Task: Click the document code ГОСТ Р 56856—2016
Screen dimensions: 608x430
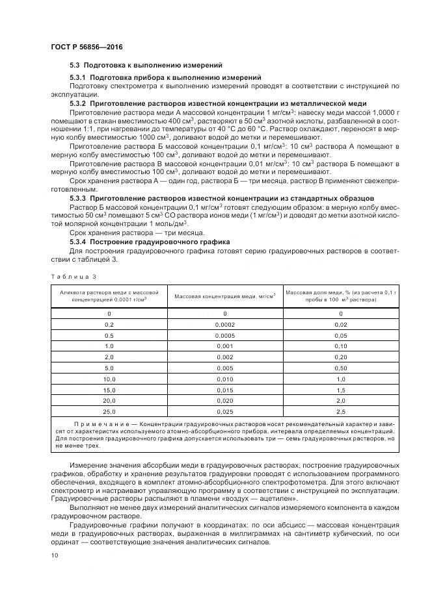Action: pyautogui.click(x=87, y=48)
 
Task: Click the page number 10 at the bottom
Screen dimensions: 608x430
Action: pyautogui.click(x=54, y=555)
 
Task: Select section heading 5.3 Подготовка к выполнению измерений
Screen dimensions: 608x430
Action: pyautogui.click(x=146, y=66)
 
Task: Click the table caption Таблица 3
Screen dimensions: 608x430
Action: pyautogui.click(x=74, y=276)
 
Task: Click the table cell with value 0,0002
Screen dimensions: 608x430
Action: pyautogui.click(x=225, y=324)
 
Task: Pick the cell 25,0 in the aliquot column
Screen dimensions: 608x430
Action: pyautogui.click(x=109, y=412)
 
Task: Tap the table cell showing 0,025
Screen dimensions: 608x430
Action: pyautogui.click(x=225, y=412)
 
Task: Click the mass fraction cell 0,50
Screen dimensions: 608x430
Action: pyautogui.click(x=341, y=368)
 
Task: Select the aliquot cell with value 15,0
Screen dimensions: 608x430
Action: pyautogui.click(x=109, y=390)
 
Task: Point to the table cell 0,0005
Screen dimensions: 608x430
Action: pyautogui.click(x=225, y=335)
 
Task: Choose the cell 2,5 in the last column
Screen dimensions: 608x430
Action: pyautogui.click(x=341, y=412)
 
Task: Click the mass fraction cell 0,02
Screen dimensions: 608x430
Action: pyautogui.click(x=341, y=324)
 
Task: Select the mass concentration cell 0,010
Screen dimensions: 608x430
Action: pyautogui.click(x=225, y=379)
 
